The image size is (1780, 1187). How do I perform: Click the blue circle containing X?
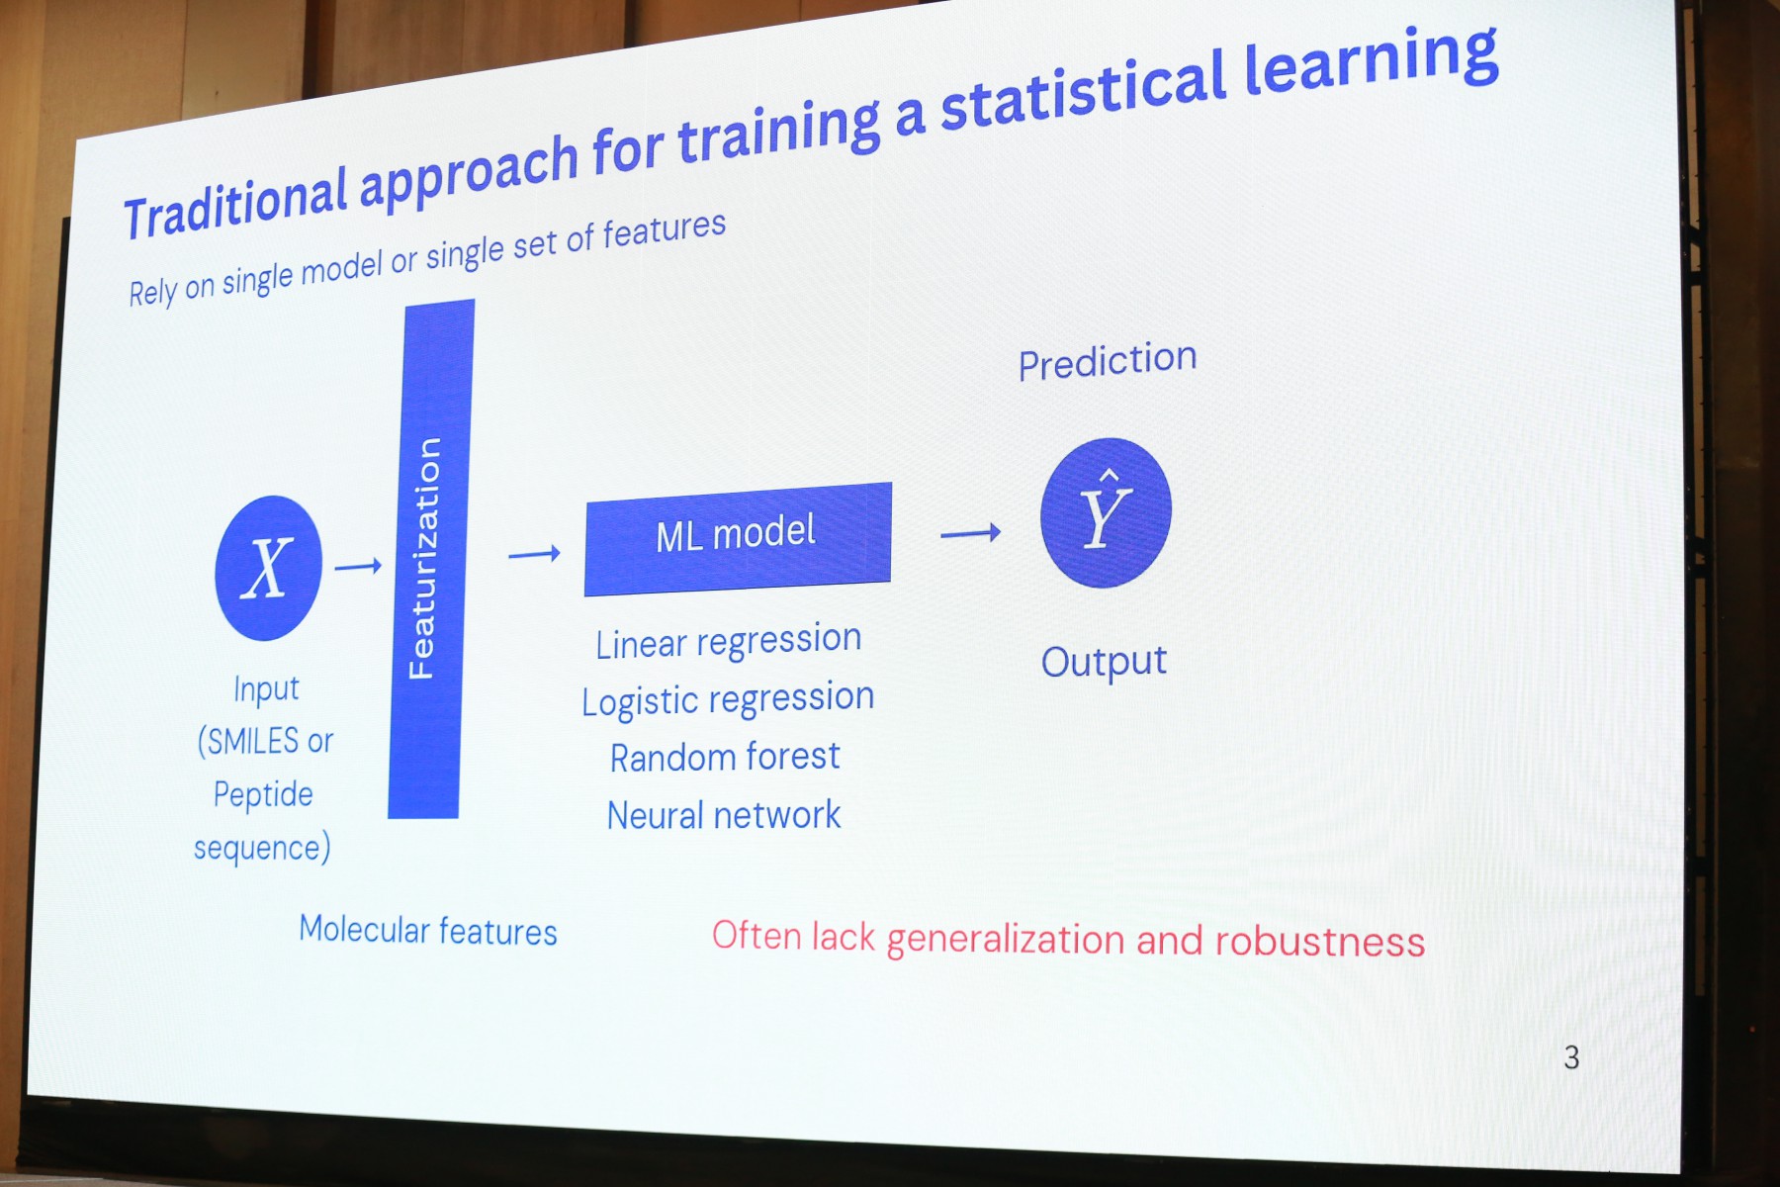268,568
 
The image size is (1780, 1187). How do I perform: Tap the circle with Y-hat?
1106,512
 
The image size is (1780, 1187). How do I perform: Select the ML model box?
738,539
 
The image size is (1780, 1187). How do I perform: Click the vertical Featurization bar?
431,559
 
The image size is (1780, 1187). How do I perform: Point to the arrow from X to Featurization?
358,567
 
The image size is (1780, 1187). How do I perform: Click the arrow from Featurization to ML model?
534,554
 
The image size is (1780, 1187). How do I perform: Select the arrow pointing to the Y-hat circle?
970,533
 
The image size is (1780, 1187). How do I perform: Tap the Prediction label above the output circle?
1108,361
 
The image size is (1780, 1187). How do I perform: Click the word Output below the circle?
1104,662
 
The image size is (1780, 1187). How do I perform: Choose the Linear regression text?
729,642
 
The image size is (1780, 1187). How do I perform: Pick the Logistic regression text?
728,700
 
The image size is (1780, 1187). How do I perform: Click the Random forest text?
725,758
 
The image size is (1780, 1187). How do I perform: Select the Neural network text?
724,816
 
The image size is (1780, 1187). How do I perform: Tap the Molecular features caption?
428,931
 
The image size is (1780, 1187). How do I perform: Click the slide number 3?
1571,1057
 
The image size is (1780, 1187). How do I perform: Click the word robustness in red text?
1320,942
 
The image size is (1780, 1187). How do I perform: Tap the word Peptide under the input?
263,795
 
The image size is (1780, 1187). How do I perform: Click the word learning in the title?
1372,63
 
